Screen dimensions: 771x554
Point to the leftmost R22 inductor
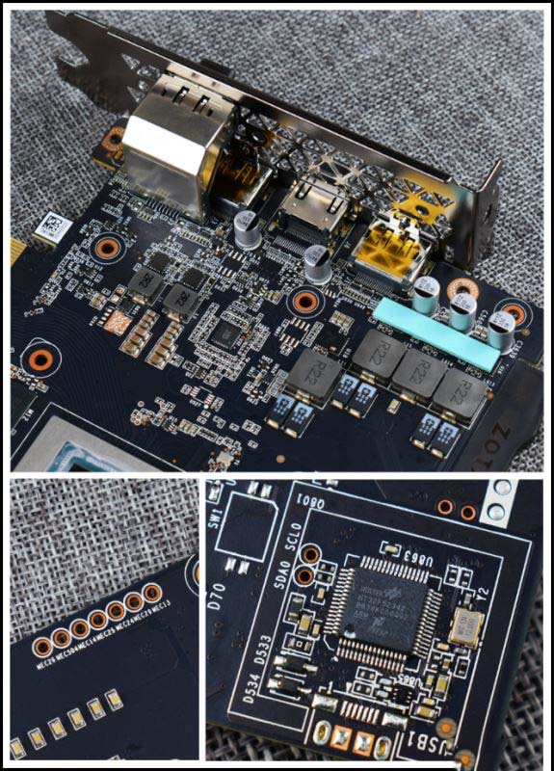click(314, 372)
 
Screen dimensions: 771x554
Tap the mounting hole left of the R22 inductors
click(308, 300)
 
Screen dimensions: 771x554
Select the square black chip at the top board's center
click(227, 334)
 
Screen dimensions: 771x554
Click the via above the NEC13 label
click(152, 591)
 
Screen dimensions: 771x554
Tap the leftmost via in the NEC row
click(43, 640)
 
